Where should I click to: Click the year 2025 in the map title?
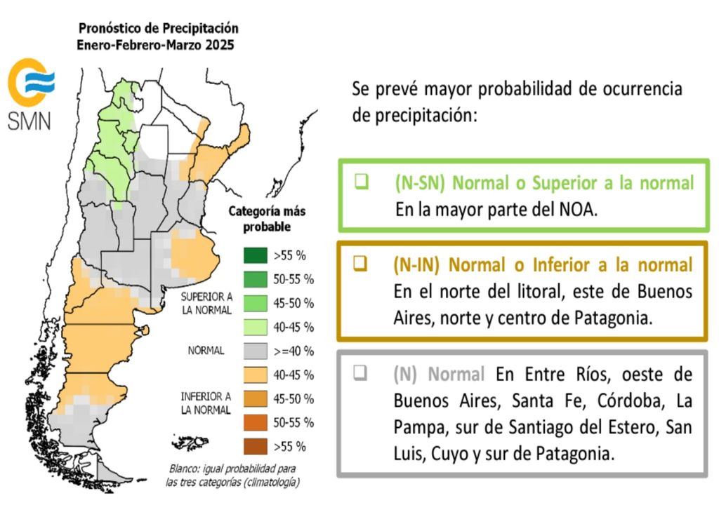coord(218,44)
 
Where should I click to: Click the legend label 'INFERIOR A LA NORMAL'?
coord(205,403)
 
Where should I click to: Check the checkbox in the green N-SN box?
coord(362,182)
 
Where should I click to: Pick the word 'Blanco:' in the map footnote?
coord(185,469)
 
